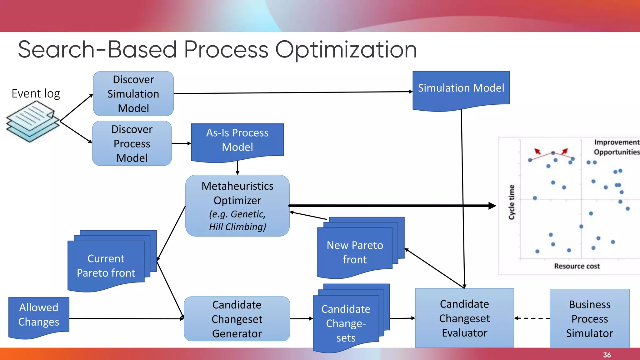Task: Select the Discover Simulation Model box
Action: pos(133,94)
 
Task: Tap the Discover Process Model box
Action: pos(132,143)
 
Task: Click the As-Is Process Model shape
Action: pos(237,140)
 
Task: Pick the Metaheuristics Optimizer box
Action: pos(237,206)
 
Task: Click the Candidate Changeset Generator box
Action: pos(237,319)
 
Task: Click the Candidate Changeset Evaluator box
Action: pos(464,318)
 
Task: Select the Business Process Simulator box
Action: pos(589,318)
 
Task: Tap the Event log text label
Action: pos(36,93)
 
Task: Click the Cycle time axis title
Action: pos(512,202)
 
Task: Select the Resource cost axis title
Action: pos(577,266)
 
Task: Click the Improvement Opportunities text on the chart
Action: pos(616,147)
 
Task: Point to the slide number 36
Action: pos(607,355)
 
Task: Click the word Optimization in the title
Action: pos(346,50)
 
